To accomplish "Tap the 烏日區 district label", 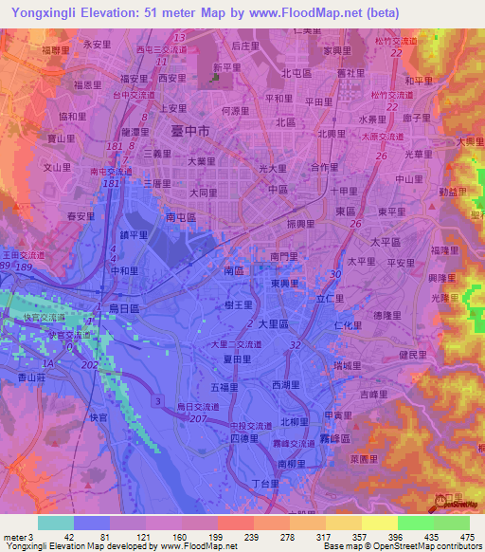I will pyautogui.click(x=121, y=308).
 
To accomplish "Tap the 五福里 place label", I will pyautogui.click(x=224, y=387).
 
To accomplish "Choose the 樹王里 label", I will pyautogui.click(x=239, y=304).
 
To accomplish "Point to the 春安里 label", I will pyautogui.click(x=81, y=217).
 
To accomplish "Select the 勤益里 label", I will pyautogui.click(x=451, y=191).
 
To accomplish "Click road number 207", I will pyautogui.click(x=198, y=417).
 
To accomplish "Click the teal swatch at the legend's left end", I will pyautogui.click(x=55, y=523).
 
